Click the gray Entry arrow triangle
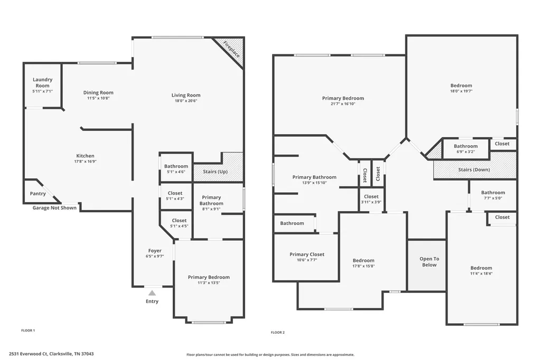(x=152, y=293)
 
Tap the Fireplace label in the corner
(x=231, y=49)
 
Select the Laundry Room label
(x=42, y=82)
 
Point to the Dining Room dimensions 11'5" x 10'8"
(x=98, y=98)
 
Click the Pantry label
(x=38, y=193)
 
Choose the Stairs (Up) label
(x=216, y=172)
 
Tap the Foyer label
(x=155, y=251)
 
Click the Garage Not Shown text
(x=54, y=207)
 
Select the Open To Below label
(x=429, y=262)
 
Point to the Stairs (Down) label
(x=474, y=169)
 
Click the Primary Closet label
(x=307, y=254)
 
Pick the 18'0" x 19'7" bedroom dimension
(x=461, y=91)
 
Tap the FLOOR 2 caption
(x=278, y=333)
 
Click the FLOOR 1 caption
(x=28, y=330)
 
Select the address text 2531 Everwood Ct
(x=28, y=354)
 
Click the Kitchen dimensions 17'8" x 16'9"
(x=85, y=162)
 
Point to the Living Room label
(x=186, y=95)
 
